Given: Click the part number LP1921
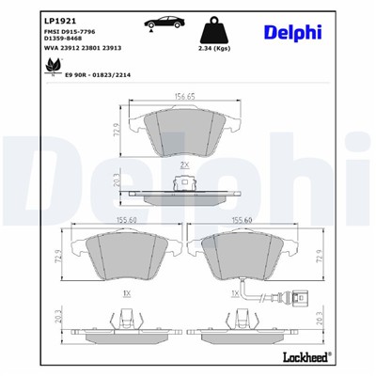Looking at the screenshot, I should click(33, 17).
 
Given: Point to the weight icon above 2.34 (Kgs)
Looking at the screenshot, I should click(218, 27).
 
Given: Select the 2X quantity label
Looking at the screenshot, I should click(184, 164).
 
